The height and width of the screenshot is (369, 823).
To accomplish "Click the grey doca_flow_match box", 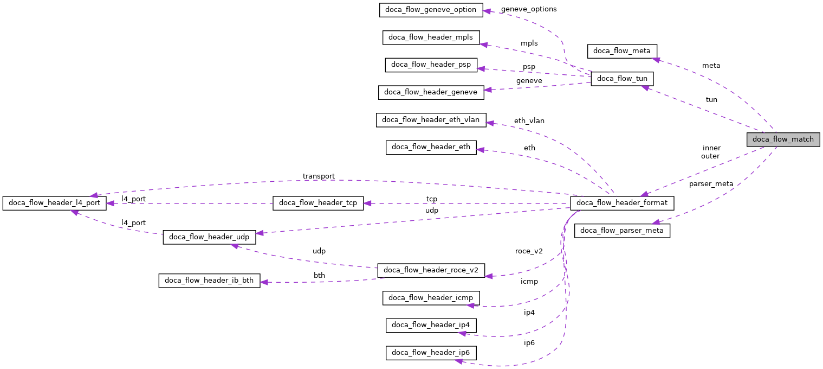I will (x=783, y=139).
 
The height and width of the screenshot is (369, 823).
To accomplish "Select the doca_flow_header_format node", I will (x=622, y=203).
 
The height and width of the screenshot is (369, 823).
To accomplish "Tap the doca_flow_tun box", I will (x=622, y=79).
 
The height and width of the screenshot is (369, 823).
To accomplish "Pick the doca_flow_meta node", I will (x=622, y=52).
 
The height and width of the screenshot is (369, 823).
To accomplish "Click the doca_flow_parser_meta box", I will (x=622, y=231).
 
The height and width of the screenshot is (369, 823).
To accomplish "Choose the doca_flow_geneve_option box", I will (x=431, y=10).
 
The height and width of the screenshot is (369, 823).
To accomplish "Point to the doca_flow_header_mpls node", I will (x=431, y=37).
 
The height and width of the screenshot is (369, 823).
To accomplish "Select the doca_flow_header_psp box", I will (x=431, y=65).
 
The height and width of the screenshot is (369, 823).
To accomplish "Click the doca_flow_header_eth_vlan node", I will (x=431, y=120).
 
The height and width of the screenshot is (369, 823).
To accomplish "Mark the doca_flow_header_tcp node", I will (x=317, y=203).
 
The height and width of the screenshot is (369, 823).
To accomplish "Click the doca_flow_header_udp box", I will (x=209, y=237).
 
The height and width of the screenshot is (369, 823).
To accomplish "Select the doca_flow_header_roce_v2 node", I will (x=431, y=270).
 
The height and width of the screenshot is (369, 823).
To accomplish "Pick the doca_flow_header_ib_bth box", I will (x=209, y=281).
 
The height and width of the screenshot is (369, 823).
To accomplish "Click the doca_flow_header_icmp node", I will (x=431, y=297).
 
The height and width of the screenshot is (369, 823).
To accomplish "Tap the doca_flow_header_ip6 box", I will (x=431, y=353).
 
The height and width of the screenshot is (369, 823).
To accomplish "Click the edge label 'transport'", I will (x=319, y=176).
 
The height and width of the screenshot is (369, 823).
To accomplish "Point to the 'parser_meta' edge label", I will (x=711, y=184).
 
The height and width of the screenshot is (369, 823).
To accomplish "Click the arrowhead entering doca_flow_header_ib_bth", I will (x=265, y=282).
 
